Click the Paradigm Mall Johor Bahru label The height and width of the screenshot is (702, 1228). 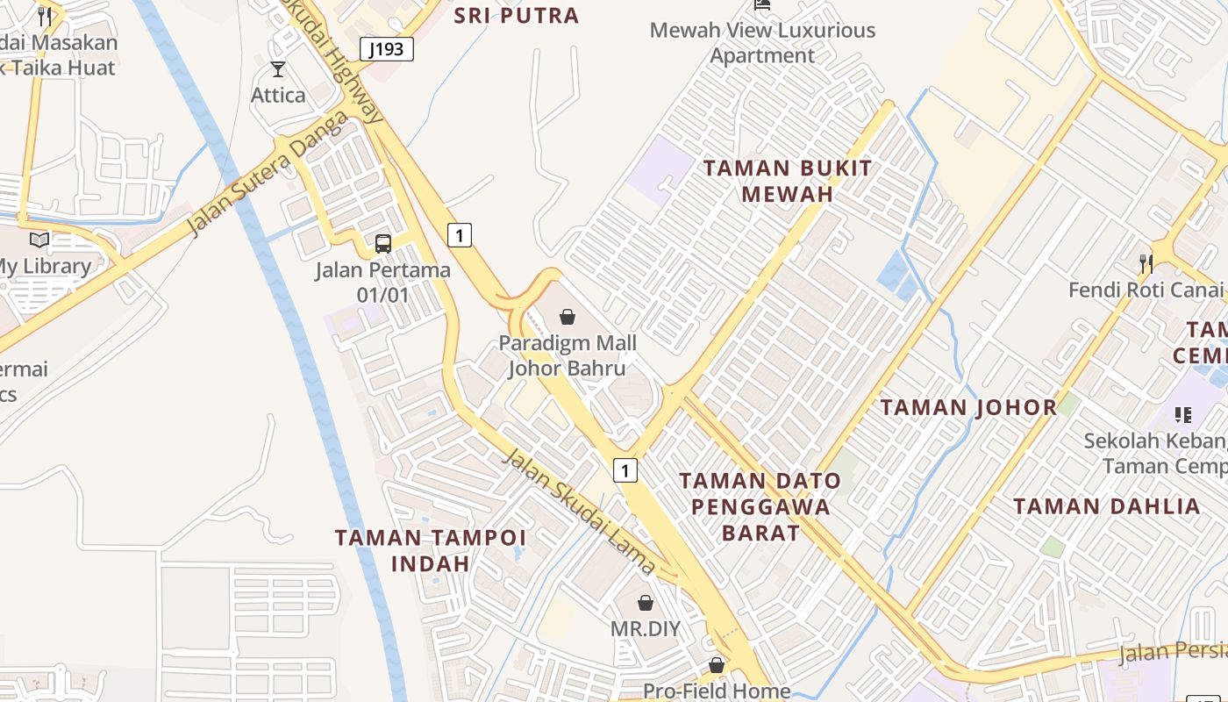[x=568, y=355]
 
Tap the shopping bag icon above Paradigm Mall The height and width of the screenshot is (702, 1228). [x=568, y=316]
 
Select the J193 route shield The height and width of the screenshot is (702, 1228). [x=386, y=49]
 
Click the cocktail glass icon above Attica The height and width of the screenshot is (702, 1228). [x=278, y=69]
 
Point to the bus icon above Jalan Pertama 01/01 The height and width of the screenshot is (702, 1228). [x=383, y=243]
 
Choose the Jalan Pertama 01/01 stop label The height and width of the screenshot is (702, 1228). [x=383, y=282]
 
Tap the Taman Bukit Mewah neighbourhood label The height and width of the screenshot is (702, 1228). [x=788, y=181]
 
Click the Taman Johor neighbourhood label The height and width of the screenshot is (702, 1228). [x=969, y=407]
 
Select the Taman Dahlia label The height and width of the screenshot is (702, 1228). [x=1107, y=506]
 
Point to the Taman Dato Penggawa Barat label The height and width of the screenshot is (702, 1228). [x=760, y=506]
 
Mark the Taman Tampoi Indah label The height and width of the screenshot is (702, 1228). [x=431, y=550]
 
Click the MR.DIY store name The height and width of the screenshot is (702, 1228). [x=646, y=628]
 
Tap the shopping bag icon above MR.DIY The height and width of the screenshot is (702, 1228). [x=646, y=603]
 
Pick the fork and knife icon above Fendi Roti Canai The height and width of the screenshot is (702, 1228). [x=1145, y=262]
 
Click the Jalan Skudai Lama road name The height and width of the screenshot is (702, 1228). [x=579, y=511]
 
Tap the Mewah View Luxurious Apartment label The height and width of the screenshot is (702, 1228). [x=762, y=42]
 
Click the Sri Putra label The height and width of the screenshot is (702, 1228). [x=517, y=15]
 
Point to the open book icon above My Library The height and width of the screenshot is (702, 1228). [x=39, y=240]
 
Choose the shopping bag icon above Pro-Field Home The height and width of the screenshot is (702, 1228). [x=717, y=665]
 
